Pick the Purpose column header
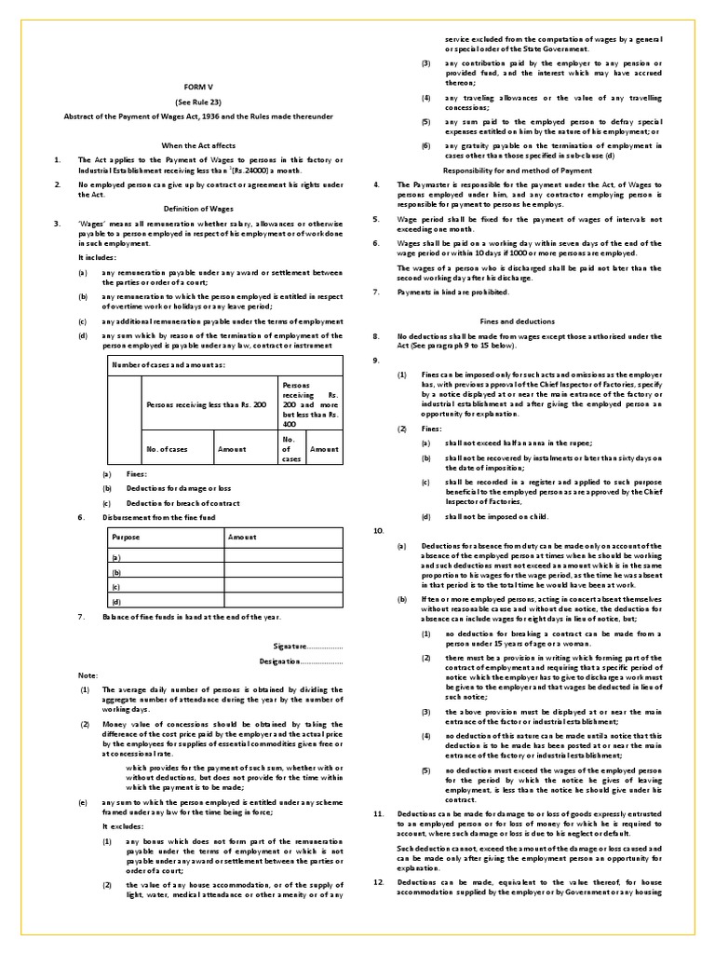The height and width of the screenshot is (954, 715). (x=126, y=538)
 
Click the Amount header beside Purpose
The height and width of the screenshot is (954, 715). (x=241, y=538)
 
